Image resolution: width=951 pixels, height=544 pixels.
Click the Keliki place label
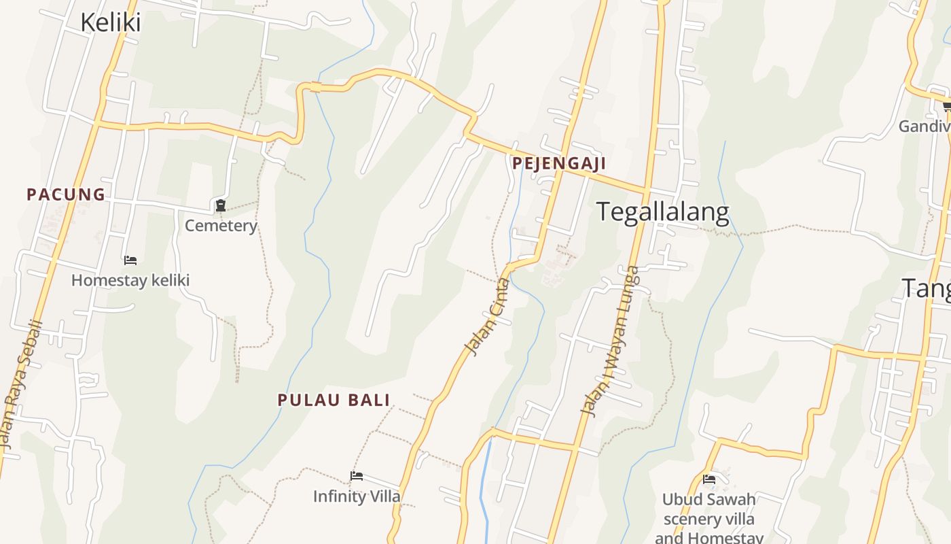click(x=110, y=22)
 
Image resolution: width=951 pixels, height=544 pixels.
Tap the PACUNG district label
click(x=66, y=194)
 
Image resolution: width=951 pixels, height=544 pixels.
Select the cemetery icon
click(x=220, y=205)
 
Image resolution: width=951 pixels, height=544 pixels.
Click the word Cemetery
click(x=221, y=226)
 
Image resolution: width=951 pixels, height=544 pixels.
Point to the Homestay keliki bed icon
click(x=130, y=260)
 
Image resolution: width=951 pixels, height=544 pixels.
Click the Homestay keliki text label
click(x=130, y=280)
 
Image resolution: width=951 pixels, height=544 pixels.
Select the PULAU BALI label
click(x=334, y=400)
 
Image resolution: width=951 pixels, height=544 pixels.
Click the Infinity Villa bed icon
click(x=357, y=476)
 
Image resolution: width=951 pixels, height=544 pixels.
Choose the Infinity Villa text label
click(x=357, y=496)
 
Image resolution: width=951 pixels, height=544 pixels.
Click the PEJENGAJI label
click(x=559, y=163)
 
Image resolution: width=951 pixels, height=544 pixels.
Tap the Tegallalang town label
click(x=662, y=212)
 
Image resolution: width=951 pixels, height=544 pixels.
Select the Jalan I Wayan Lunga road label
click(x=611, y=340)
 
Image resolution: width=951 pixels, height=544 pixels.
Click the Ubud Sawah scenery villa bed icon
click(x=709, y=479)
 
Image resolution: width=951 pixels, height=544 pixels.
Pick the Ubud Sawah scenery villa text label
click(x=709, y=519)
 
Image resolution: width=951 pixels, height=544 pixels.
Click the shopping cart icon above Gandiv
click(x=946, y=106)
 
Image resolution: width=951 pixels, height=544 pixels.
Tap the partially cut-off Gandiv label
click(x=925, y=126)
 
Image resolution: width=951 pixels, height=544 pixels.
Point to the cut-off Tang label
click(x=927, y=288)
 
